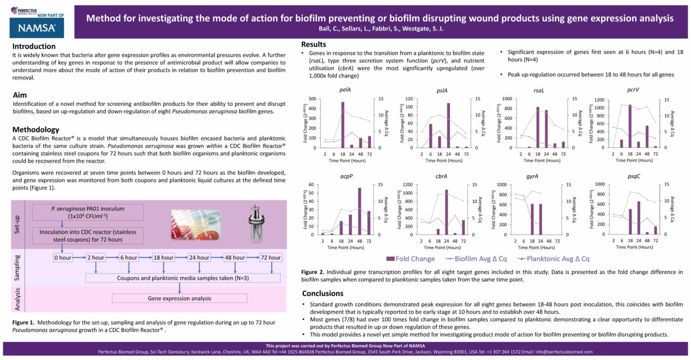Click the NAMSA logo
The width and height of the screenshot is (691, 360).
[x=36, y=28]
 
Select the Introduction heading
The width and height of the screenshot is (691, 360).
[x=34, y=46]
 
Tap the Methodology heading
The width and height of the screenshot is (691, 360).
[x=36, y=130]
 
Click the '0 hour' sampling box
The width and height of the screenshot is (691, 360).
[x=63, y=257]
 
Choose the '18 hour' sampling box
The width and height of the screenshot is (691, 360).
[x=163, y=257]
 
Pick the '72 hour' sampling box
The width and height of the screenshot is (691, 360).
[x=271, y=257]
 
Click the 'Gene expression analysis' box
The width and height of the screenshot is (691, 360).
[x=179, y=298]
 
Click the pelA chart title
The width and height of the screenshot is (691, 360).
[x=345, y=90]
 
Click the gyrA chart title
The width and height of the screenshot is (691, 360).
[x=532, y=176]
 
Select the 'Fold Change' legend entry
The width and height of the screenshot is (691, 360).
[x=411, y=259]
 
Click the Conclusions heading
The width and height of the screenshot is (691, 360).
[x=323, y=293]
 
